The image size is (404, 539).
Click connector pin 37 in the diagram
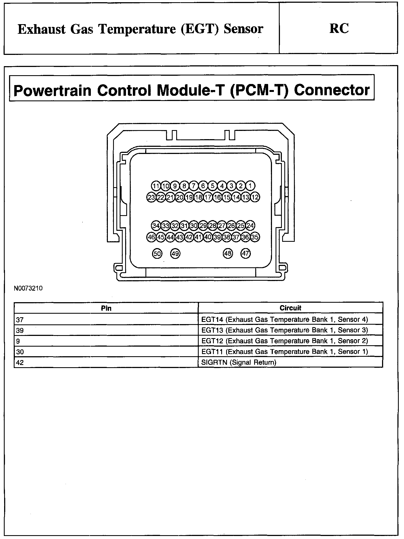[x=236, y=237]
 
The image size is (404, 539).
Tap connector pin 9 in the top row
[x=175, y=186]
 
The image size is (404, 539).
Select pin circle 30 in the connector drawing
[x=194, y=226]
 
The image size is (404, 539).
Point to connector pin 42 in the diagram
[x=189, y=237]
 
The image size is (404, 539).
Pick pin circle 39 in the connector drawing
[x=217, y=237]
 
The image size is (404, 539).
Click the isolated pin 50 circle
[x=157, y=254]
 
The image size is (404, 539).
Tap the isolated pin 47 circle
[x=246, y=254]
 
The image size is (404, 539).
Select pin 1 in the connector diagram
[x=250, y=186]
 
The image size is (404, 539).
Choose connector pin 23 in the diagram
[x=151, y=197]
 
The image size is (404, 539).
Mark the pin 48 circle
[x=228, y=254]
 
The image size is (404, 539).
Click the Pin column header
[x=106, y=308]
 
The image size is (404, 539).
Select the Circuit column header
[x=290, y=308]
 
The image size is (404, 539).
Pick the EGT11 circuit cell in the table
[x=284, y=352]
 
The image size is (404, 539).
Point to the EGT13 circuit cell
[x=284, y=330]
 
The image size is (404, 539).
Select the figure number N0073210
[x=28, y=288]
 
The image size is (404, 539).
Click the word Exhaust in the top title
[x=42, y=29]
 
